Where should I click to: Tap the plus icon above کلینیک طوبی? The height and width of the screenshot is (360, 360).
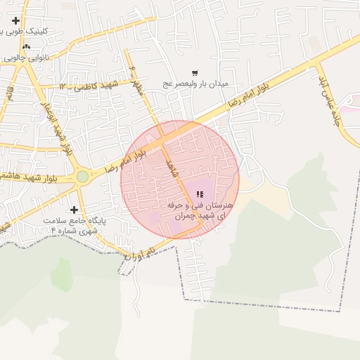tap(15, 22)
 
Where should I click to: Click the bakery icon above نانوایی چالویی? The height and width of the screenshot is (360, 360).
tap(27, 47)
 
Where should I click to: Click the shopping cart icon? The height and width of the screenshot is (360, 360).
tap(195, 72)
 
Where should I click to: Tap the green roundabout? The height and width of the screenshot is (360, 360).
tap(83, 176)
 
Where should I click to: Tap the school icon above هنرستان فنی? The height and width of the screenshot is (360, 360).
tap(200, 194)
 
